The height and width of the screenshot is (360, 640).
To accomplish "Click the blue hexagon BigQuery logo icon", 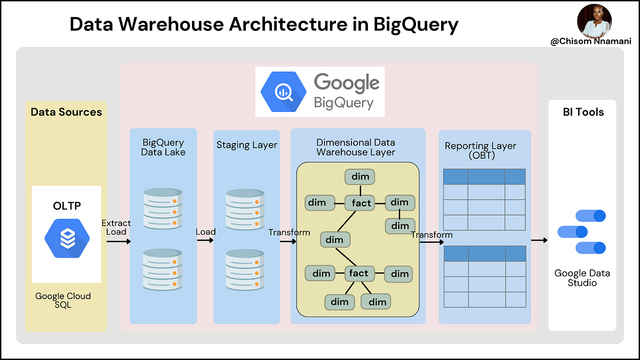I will (283, 92).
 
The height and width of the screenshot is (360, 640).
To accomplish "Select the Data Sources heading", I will (66, 112).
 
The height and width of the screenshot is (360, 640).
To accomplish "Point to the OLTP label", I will (66, 205).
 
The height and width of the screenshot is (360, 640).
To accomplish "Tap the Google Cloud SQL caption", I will (63, 300).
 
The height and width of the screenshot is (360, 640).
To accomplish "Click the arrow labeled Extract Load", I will (118, 242).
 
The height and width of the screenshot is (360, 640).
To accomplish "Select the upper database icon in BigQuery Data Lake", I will (163, 208).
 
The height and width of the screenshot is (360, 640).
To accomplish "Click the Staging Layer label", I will (246, 145).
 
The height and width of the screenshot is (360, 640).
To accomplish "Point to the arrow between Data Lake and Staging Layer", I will (205, 240).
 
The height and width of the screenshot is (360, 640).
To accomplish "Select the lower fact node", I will (358, 274).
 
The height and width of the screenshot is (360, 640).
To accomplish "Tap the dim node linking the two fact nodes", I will (334, 240).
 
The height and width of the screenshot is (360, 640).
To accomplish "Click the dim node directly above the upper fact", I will (360, 177).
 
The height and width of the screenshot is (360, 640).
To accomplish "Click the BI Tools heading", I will (583, 112).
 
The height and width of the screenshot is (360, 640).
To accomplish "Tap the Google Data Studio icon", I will (582, 232).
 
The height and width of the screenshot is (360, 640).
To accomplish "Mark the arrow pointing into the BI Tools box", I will (539, 240).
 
